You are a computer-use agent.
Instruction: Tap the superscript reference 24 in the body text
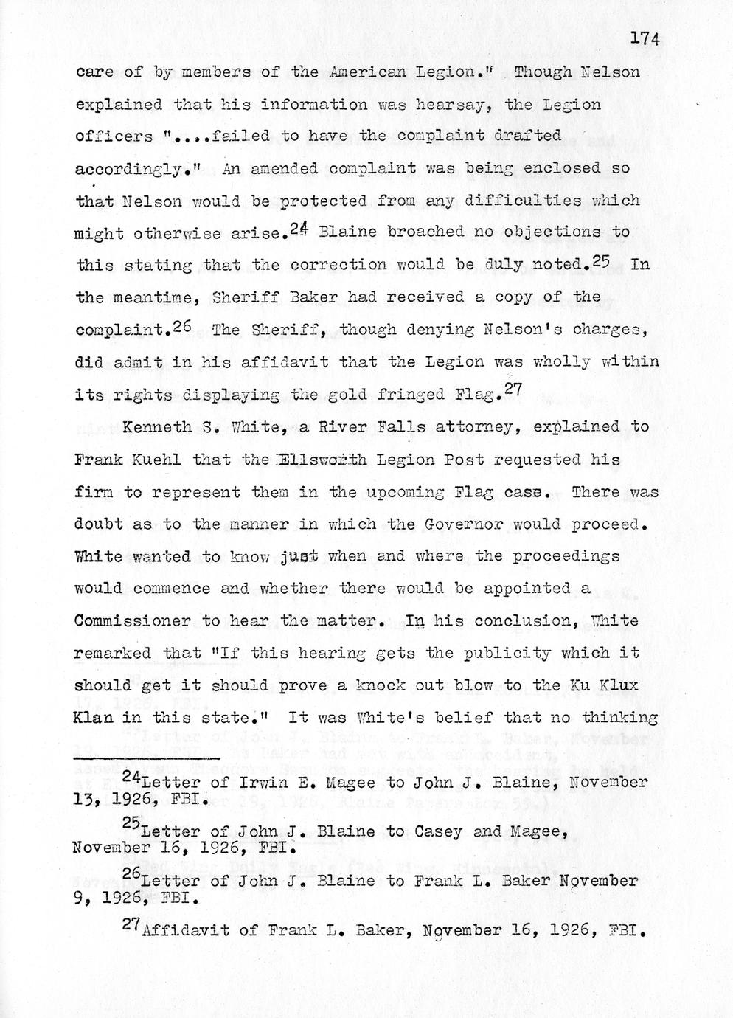(299, 229)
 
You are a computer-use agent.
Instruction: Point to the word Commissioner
(131, 621)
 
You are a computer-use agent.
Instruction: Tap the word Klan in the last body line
(99, 718)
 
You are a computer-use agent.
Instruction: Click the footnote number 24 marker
(131, 776)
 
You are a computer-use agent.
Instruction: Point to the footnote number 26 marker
(131, 875)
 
